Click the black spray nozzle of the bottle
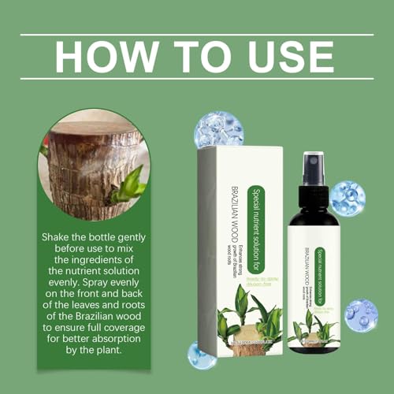[x=311, y=170]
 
